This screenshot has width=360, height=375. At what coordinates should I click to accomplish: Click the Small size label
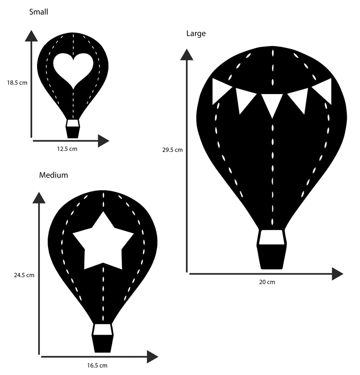point(38,12)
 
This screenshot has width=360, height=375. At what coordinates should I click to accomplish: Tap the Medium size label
point(54,175)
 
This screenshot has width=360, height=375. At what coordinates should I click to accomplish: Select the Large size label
point(196,34)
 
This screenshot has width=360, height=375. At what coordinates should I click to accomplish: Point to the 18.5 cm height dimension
point(17,83)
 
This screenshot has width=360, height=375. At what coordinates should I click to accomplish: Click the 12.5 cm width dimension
point(67,149)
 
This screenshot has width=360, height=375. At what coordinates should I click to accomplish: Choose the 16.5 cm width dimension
point(97,365)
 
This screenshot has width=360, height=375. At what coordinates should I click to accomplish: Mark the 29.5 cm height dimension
point(172,150)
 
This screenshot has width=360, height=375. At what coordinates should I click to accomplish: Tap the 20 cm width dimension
point(267,282)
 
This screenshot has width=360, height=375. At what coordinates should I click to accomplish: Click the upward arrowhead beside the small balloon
point(31,36)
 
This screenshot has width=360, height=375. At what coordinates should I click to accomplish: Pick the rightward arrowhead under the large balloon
point(337,274)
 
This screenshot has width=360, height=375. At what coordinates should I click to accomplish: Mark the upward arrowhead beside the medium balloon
point(39,198)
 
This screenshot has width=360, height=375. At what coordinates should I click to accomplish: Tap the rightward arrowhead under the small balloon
point(103,141)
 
